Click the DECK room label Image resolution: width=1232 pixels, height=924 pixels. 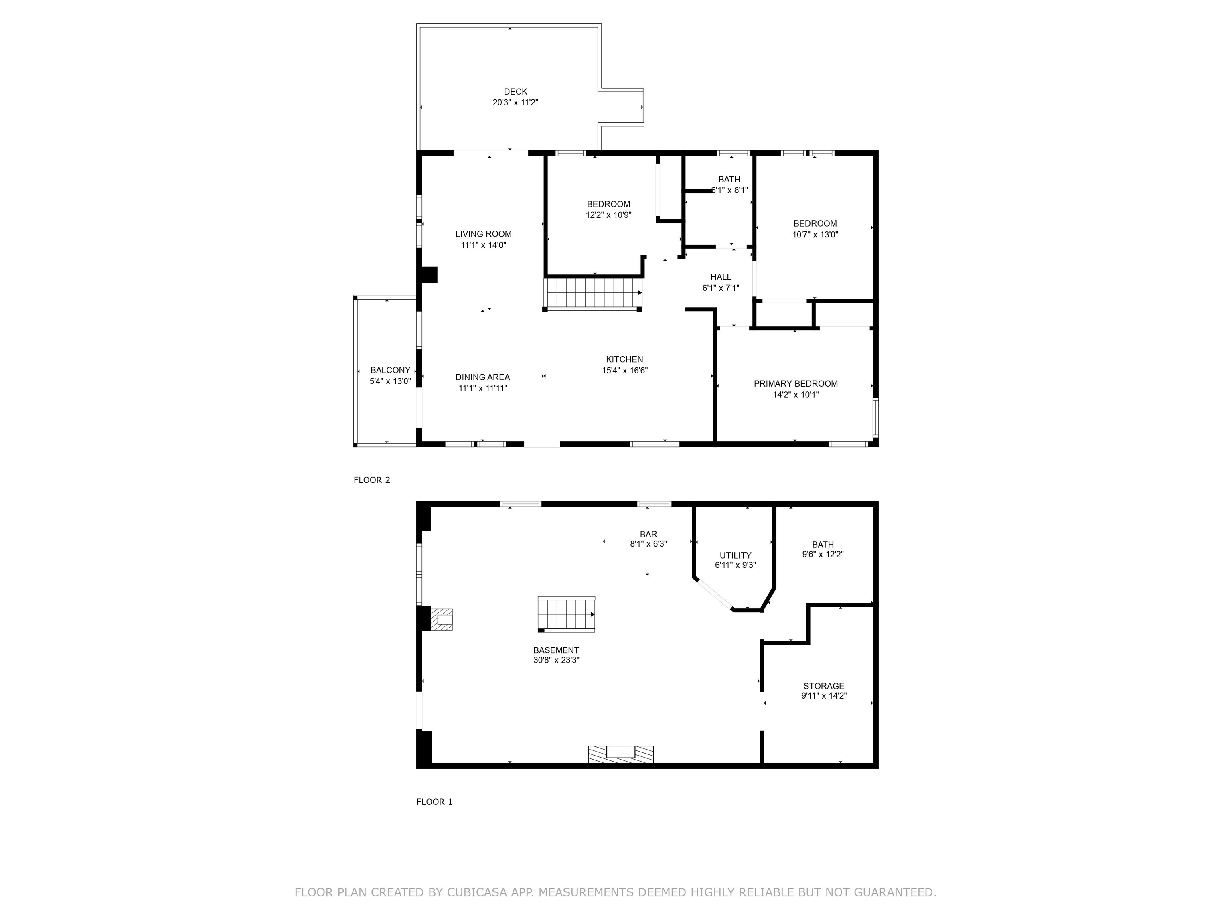coord(515,92)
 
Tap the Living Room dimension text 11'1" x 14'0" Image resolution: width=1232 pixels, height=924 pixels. coord(483,245)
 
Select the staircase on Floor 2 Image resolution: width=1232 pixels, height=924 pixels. coord(594,293)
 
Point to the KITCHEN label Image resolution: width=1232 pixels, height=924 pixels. coord(624,360)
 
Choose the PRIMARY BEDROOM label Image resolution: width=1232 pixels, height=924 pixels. coord(795,384)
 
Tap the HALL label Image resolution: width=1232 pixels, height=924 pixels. coord(721,277)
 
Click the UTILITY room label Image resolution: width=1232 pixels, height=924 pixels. coord(735,555)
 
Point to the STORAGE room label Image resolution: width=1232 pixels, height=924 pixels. coord(824,686)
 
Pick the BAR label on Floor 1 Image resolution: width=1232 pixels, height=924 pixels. coord(648,534)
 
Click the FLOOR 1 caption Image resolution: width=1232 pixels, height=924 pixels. coord(434,802)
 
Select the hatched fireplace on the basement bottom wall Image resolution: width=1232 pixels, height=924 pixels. coord(621,754)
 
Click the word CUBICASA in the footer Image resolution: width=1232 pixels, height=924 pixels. coord(477,892)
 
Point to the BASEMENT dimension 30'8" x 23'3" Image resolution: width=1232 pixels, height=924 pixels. coord(556,660)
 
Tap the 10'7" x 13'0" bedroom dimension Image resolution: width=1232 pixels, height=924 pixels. coord(815,235)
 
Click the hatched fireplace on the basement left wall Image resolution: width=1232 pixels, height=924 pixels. coord(441,619)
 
